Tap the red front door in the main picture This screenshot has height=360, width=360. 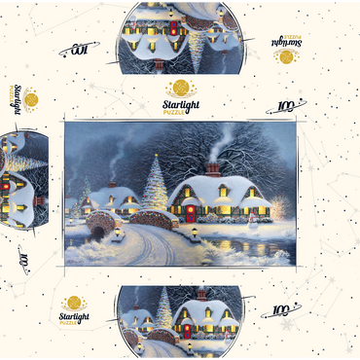click(x=190, y=211)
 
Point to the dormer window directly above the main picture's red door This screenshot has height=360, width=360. click(x=192, y=193)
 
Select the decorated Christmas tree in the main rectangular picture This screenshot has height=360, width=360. click(x=155, y=188)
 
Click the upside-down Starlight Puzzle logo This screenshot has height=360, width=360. click(x=285, y=49)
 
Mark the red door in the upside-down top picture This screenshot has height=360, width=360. click(x=176, y=23)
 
